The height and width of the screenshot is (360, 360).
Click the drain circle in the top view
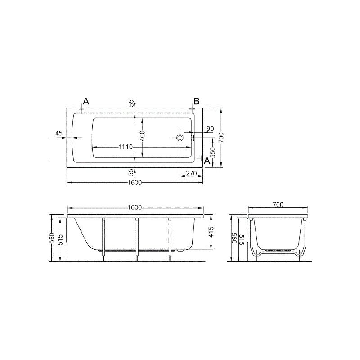click(x=180, y=138)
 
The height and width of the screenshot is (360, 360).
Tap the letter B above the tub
click(x=197, y=101)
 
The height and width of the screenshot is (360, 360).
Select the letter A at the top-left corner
click(x=86, y=101)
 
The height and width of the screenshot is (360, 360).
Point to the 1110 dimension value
click(x=126, y=147)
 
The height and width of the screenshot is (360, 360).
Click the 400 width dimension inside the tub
click(x=142, y=136)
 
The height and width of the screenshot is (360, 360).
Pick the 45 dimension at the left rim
click(x=59, y=133)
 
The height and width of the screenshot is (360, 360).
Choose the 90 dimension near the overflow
click(x=210, y=129)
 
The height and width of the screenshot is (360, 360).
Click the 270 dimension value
click(x=192, y=173)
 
